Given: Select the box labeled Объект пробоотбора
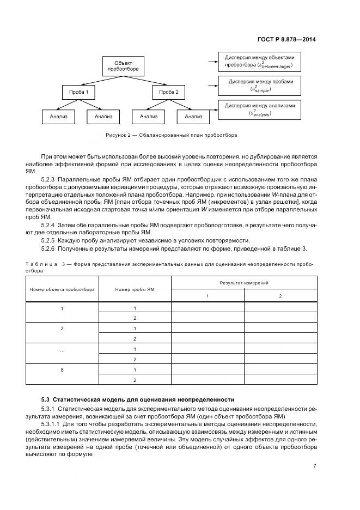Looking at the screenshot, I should pyautogui.click(x=123, y=66).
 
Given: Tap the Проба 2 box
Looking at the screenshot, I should pyautogui.click(x=168, y=92).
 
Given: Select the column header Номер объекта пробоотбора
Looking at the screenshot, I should pyautogui.click(x=62, y=289).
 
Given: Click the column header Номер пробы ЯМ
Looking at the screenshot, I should pyautogui.click(x=135, y=289).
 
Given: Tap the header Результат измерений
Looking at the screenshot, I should pyautogui.click(x=243, y=283).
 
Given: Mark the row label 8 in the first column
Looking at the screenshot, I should pyautogui.click(x=62, y=370).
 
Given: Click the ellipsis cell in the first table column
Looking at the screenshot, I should pyautogui.click(x=62, y=349).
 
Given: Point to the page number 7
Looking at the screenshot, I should pyautogui.click(x=315, y=466).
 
